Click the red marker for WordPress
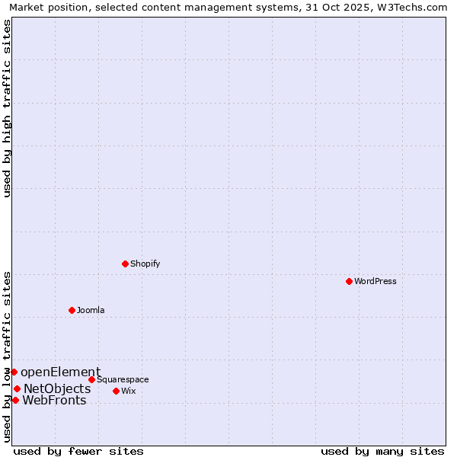349,281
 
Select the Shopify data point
125,264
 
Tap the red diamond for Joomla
72,310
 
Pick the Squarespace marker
91,379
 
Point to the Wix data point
116,391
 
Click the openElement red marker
14,372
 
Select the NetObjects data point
17,388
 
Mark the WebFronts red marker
15,400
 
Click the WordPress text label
376,281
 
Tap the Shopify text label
145,264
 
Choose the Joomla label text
91,310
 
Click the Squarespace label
123,379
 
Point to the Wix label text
129,391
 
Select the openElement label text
60,372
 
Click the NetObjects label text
57,388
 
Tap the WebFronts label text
54,400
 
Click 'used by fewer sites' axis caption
78,451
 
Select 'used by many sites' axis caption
382,451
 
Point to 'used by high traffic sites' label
8,108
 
